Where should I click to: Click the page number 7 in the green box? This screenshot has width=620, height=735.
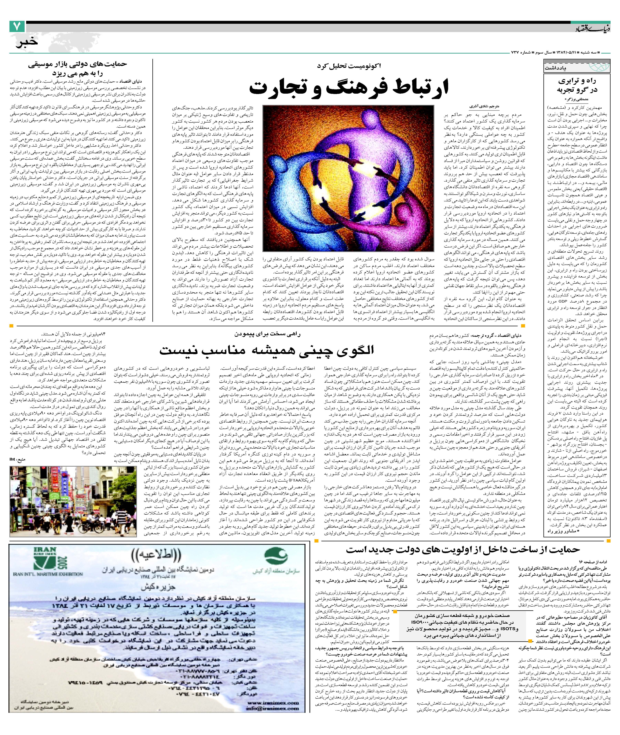(x=18, y=27)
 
